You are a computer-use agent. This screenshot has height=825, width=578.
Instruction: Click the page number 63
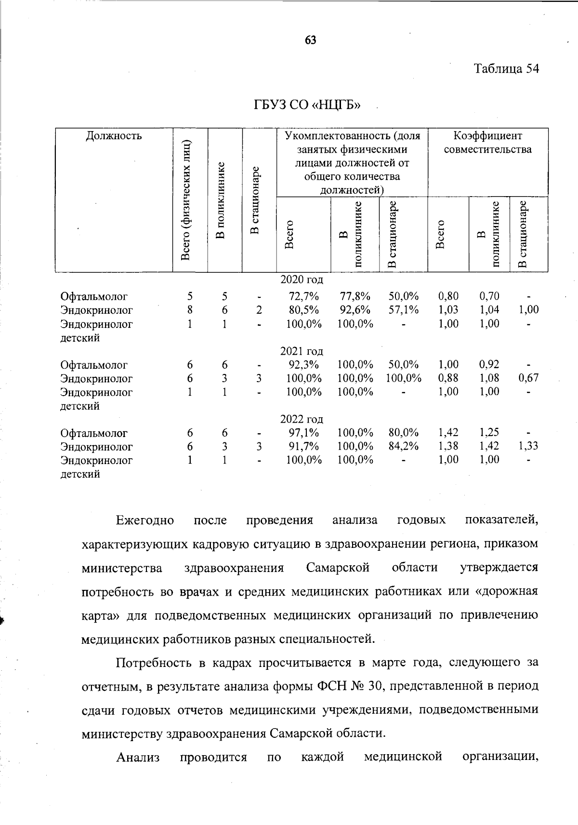pos(310,40)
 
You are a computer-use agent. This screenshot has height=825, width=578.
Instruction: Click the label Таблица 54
pos(506,68)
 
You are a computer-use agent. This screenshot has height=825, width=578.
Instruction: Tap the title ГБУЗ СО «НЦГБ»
pos(307,105)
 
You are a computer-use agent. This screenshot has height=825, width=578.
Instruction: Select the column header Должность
pos(114,135)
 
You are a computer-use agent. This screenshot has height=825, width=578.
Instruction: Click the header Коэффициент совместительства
pos(487,143)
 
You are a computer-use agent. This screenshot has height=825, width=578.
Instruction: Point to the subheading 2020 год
pos(302,279)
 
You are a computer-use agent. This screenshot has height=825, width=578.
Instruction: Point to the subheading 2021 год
pos(302,351)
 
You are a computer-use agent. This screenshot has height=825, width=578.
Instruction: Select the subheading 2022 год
pos(302,419)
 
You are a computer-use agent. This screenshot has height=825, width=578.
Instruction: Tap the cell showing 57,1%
pos(404,310)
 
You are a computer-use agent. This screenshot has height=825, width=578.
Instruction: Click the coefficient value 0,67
pos(528,378)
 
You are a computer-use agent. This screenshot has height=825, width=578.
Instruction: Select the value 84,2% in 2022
pos(404,446)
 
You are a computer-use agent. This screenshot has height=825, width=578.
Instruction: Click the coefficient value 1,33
pos(528,446)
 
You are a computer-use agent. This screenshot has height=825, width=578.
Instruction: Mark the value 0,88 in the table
pos(448,378)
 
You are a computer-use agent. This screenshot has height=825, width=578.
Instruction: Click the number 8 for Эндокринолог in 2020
pos(190,310)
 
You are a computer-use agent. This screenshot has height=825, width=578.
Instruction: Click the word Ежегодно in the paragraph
pos(144,520)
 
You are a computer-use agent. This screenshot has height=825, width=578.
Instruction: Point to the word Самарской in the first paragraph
pos(338,568)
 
